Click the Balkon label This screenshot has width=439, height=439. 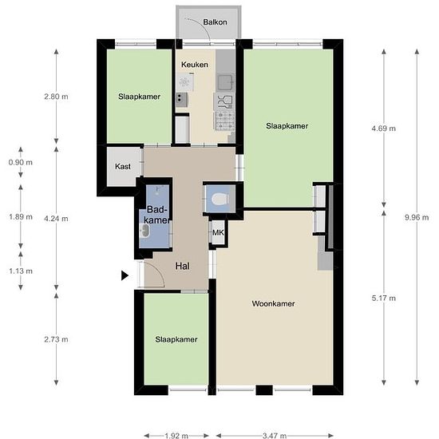215,22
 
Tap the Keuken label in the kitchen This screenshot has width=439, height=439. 195,65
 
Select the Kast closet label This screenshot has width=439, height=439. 123,167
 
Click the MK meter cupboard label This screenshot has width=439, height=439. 218,232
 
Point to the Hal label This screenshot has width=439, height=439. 183,266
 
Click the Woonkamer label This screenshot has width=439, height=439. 273,304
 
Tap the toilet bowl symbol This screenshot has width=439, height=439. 220,200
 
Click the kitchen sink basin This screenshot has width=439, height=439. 225,82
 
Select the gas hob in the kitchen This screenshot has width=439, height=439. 224,121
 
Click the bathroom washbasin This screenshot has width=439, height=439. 144,231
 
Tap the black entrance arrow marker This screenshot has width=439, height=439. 125,275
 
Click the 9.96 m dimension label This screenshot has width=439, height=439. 417,217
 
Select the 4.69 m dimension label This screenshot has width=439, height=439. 384,129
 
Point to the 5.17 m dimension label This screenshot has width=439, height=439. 384,299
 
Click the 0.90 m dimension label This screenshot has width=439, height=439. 21,162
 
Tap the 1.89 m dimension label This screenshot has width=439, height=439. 21,217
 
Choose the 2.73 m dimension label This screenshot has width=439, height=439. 56,339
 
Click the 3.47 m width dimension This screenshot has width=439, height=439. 275,435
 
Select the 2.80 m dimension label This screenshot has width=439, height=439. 56,97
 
